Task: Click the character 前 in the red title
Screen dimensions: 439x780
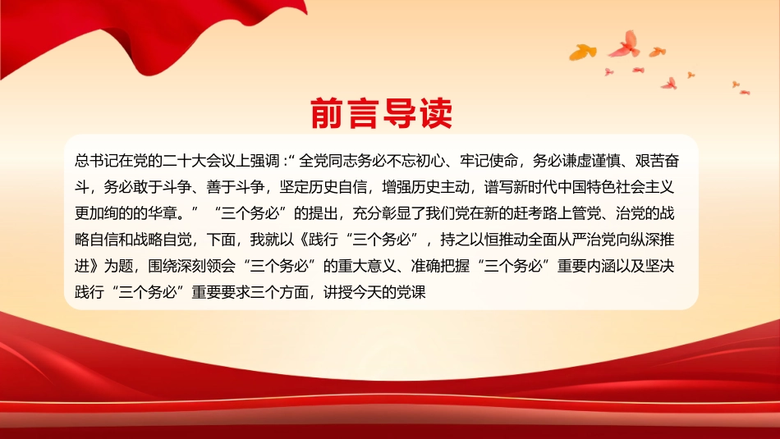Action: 327,115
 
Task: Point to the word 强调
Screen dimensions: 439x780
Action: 279,159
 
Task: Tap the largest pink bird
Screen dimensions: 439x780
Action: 625,43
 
